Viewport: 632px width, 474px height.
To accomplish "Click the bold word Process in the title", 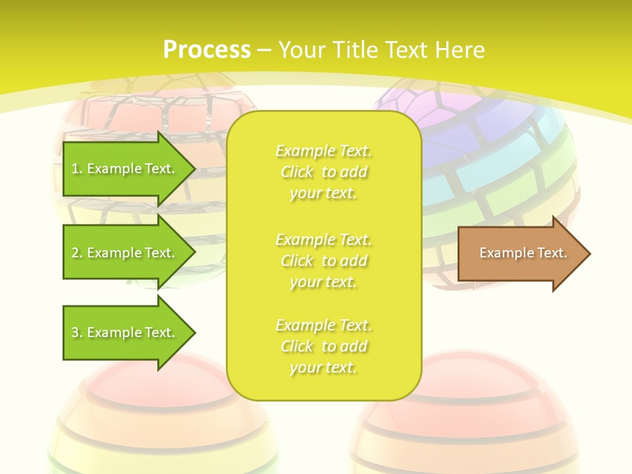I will [x=207, y=50].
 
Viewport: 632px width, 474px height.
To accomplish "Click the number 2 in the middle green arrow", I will [x=75, y=253].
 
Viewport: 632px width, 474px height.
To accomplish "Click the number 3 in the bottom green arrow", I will [x=75, y=332].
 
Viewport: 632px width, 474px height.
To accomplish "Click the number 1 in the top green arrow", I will [x=75, y=169].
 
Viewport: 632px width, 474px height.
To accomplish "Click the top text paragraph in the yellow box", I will [x=323, y=172].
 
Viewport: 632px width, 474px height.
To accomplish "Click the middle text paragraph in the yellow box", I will [x=323, y=260].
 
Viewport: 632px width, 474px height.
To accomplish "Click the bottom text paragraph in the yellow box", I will [x=323, y=346].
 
